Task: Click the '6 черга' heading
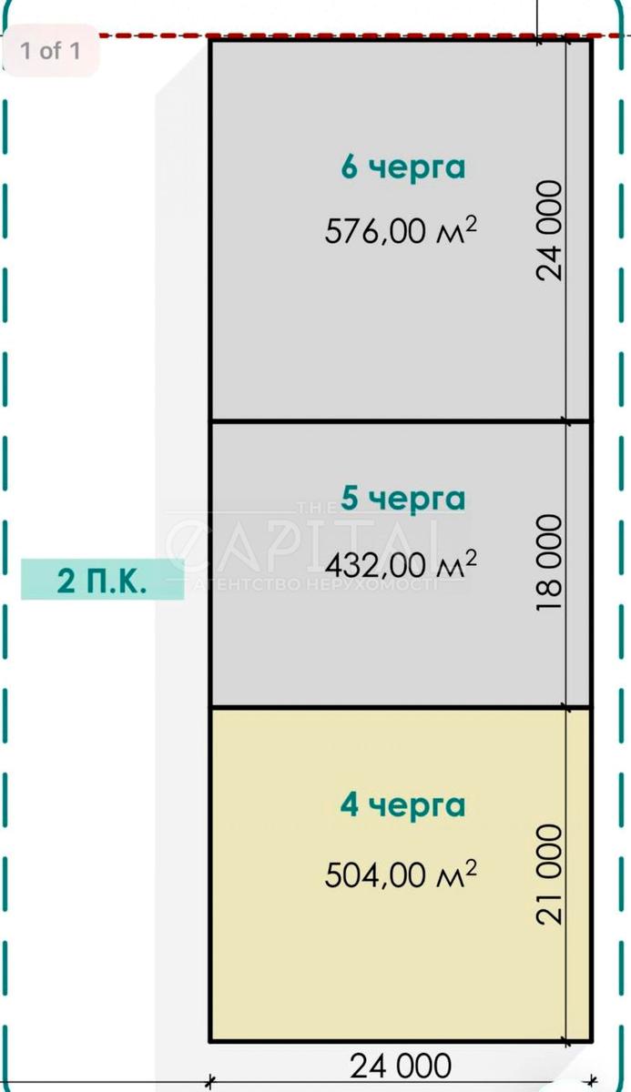402,168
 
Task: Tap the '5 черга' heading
402,500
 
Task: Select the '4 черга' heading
402,806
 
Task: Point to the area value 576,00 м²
401,229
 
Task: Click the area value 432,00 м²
401,564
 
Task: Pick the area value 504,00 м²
401,875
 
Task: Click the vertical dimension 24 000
550,230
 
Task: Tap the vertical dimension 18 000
550,562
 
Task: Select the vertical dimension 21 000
550,875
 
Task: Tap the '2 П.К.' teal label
102,581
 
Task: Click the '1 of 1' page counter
51,51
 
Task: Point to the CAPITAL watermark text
302,543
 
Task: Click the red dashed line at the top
361,35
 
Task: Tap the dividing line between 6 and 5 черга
400,420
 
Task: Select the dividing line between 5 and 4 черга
400,706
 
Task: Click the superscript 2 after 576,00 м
470,224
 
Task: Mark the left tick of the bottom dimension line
209,1082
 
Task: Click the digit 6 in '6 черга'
349,167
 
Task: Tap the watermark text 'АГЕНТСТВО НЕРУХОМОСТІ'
315,584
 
